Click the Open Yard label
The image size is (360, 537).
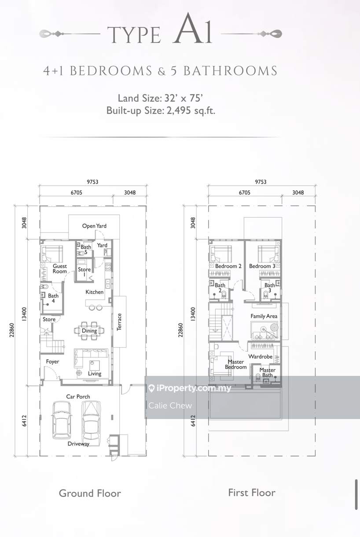click(x=94, y=226)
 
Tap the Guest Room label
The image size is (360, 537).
click(x=60, y=269)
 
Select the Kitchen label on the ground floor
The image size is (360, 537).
click(x=95, y=292)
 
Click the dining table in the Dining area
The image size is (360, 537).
click(x=89, y=331)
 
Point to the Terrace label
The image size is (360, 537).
click(x=119, y=322)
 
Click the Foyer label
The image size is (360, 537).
click(x=52, y=361)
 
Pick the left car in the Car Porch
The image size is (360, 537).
click(x=62, y=420)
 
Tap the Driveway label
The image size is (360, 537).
click(x=78, y=444)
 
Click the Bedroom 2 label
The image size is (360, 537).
click(x=228, y=266)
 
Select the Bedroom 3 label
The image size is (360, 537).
click(x=262, y=266)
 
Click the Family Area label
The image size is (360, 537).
click(x=264, y=316)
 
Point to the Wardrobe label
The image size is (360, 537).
click(x=260, y=357)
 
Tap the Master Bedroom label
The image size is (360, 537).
click(x=236, y=364)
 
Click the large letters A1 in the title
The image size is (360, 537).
click(x=193, y=29)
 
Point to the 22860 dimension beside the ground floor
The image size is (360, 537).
click(x=12, y=330)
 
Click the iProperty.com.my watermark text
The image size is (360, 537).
click(x=194, y=388)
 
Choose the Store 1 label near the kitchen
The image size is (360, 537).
click(x=84, y=272)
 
